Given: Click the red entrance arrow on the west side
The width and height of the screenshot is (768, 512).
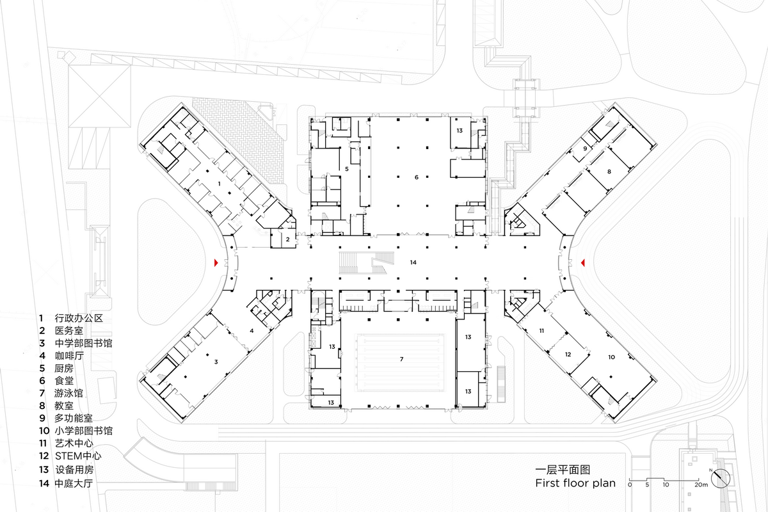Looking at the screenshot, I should coord(217,262).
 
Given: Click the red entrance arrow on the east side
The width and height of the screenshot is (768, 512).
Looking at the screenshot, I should coord(582,262).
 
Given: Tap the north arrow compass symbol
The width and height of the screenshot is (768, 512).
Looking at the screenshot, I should coord(721,477).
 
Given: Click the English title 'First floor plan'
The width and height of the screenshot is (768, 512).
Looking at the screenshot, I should coord(575,483).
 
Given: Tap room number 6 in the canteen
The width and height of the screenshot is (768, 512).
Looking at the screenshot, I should coord(416,177).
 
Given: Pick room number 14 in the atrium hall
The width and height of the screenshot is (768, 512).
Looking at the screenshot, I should coord(413,262).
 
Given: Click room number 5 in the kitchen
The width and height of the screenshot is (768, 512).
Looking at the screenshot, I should coord(346,169).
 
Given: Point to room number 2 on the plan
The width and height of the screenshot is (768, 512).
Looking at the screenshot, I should coord(288,239).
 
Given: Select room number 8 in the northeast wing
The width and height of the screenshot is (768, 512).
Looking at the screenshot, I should coord(609,172).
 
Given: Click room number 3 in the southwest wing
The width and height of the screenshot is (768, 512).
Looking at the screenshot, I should coord(216,362).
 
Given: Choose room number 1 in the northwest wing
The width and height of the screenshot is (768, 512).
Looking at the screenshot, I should coord(220,183).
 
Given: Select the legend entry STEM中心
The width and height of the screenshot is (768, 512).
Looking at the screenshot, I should coord(78,456).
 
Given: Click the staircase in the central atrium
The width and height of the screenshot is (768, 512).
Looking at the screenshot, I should coord(367,263).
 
